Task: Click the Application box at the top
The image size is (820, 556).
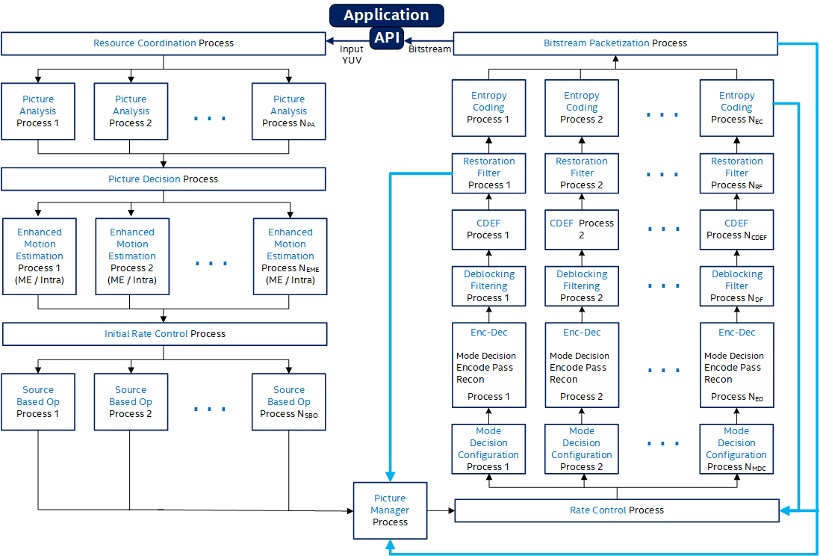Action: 386,15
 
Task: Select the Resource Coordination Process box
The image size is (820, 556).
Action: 164,43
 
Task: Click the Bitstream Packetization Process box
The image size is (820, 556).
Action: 615,43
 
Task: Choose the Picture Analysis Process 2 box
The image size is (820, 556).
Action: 131,111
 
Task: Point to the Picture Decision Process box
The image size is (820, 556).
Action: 164,179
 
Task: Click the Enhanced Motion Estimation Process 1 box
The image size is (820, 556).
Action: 40,256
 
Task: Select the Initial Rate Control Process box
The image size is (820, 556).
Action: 164,334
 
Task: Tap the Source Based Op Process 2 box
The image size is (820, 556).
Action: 131,402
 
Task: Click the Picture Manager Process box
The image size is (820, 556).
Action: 390,510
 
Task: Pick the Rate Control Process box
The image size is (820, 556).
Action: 616,510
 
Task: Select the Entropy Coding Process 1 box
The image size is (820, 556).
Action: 489,108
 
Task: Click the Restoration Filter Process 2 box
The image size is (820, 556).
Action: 582,173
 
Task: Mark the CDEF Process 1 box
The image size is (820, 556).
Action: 488,229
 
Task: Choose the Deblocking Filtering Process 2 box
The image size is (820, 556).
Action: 582,286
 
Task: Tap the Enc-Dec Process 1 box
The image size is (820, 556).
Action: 489,365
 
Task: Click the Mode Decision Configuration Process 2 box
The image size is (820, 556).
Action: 582,449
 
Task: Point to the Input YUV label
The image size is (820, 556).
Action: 351,55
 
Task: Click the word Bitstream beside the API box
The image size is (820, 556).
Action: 430,49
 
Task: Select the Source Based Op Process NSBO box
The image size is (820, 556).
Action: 289,402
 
